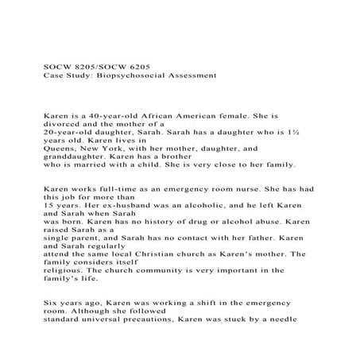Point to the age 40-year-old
tap(109, 115)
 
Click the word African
tap(158, 115)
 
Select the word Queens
tap(60, 156)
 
